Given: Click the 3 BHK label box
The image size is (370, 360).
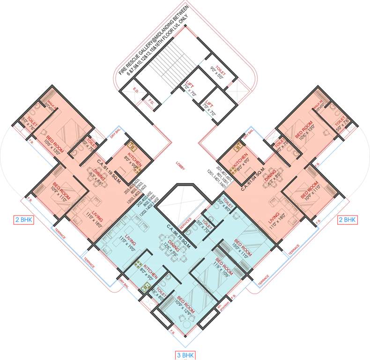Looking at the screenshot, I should point(185,355).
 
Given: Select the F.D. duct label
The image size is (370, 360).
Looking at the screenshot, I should point(151,102).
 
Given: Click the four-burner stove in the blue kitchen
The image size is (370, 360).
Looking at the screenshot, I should point(139,264).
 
